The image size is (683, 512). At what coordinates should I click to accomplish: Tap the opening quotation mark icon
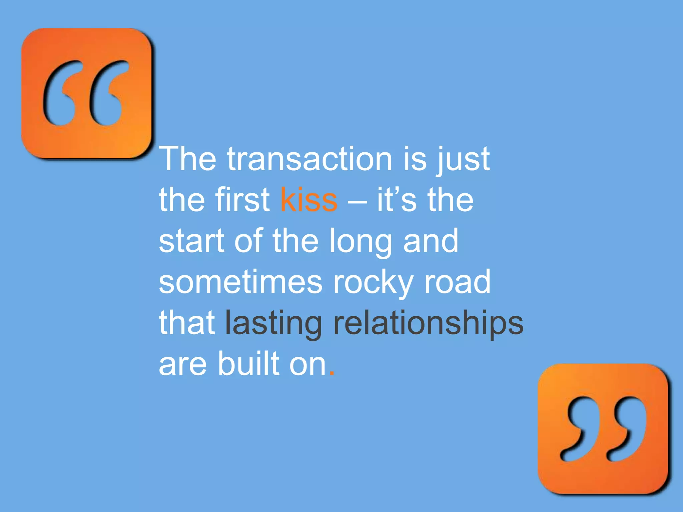(x=86, y=93)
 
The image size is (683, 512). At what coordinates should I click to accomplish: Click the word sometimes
(x=240, y=282)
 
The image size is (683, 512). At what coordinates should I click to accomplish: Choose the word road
(x=457, y=282)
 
